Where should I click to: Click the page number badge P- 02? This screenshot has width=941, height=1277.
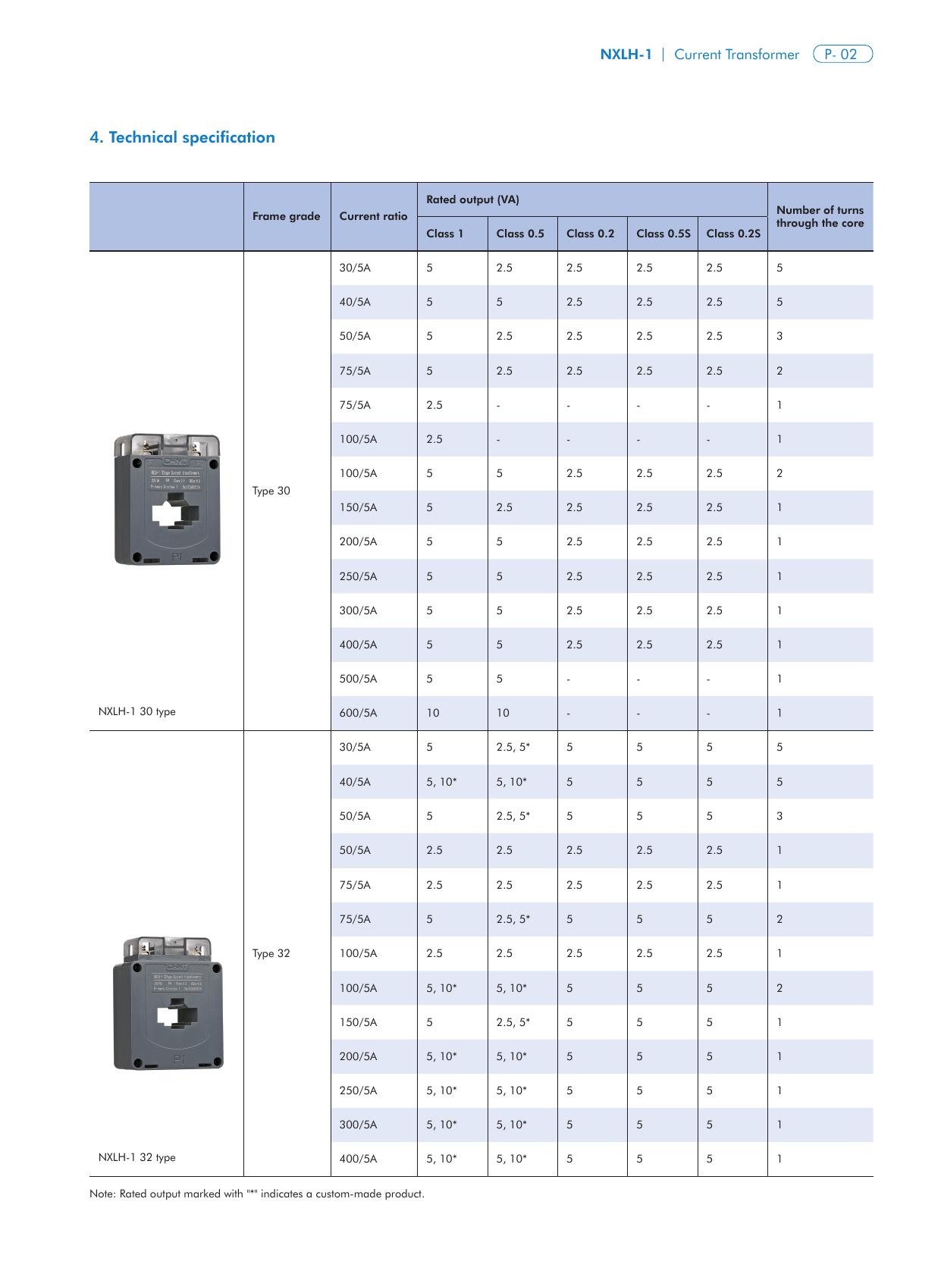point(842,55)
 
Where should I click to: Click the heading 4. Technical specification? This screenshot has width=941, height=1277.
point(182,137)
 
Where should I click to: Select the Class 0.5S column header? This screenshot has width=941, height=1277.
point(663,234)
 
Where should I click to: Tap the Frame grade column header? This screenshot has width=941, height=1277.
point(286,216)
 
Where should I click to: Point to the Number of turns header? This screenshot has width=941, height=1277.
point(820,216)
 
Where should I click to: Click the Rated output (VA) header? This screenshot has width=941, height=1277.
point(472,199)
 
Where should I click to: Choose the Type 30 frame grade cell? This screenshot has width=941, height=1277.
point(271,491)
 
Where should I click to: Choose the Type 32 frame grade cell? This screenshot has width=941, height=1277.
point(271,953)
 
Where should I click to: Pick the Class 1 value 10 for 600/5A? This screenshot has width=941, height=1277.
point(432,713)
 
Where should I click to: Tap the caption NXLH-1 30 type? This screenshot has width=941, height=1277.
point(136,711)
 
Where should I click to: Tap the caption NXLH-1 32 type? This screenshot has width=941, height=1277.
point(136,1157)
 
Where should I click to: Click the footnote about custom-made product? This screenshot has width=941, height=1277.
point(256,1194)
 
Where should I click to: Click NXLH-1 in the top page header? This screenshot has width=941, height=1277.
point(626,55)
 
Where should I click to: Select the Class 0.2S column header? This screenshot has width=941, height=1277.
point(732,234)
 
